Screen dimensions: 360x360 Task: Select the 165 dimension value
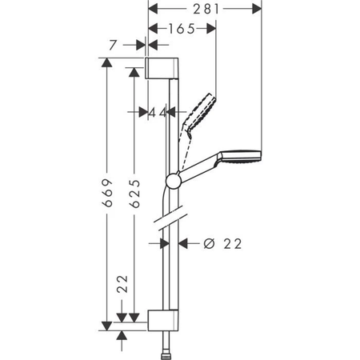[x=182, y=28]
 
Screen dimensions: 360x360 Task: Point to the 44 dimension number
[x=158, y=113]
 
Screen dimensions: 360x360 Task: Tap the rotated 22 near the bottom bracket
[x=122, y=286]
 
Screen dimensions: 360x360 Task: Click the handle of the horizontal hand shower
[x=200, y=167]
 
